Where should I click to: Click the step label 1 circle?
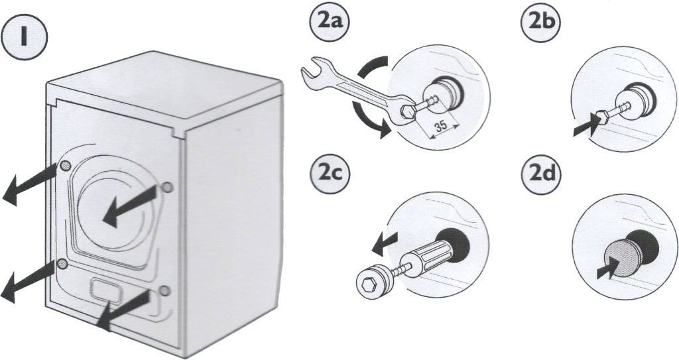click(x=25, y=38)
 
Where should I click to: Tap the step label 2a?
click(x=330, y=23)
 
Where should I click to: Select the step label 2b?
click(x=541, y=23)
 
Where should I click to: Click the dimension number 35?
click(x=441, y=127)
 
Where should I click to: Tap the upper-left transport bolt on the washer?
click(x=65, y=164)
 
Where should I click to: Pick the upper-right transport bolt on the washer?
click(x=166, y=187)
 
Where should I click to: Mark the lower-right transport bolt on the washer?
click(x=164, y=290)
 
